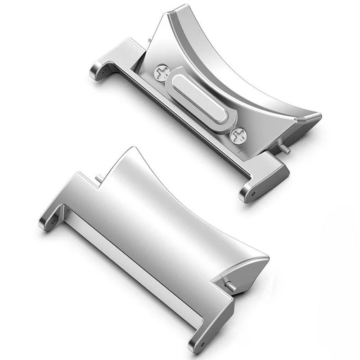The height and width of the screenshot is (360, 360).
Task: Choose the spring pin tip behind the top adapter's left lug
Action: coord(149,41)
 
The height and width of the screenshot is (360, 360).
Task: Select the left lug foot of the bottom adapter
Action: coord(49,220)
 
